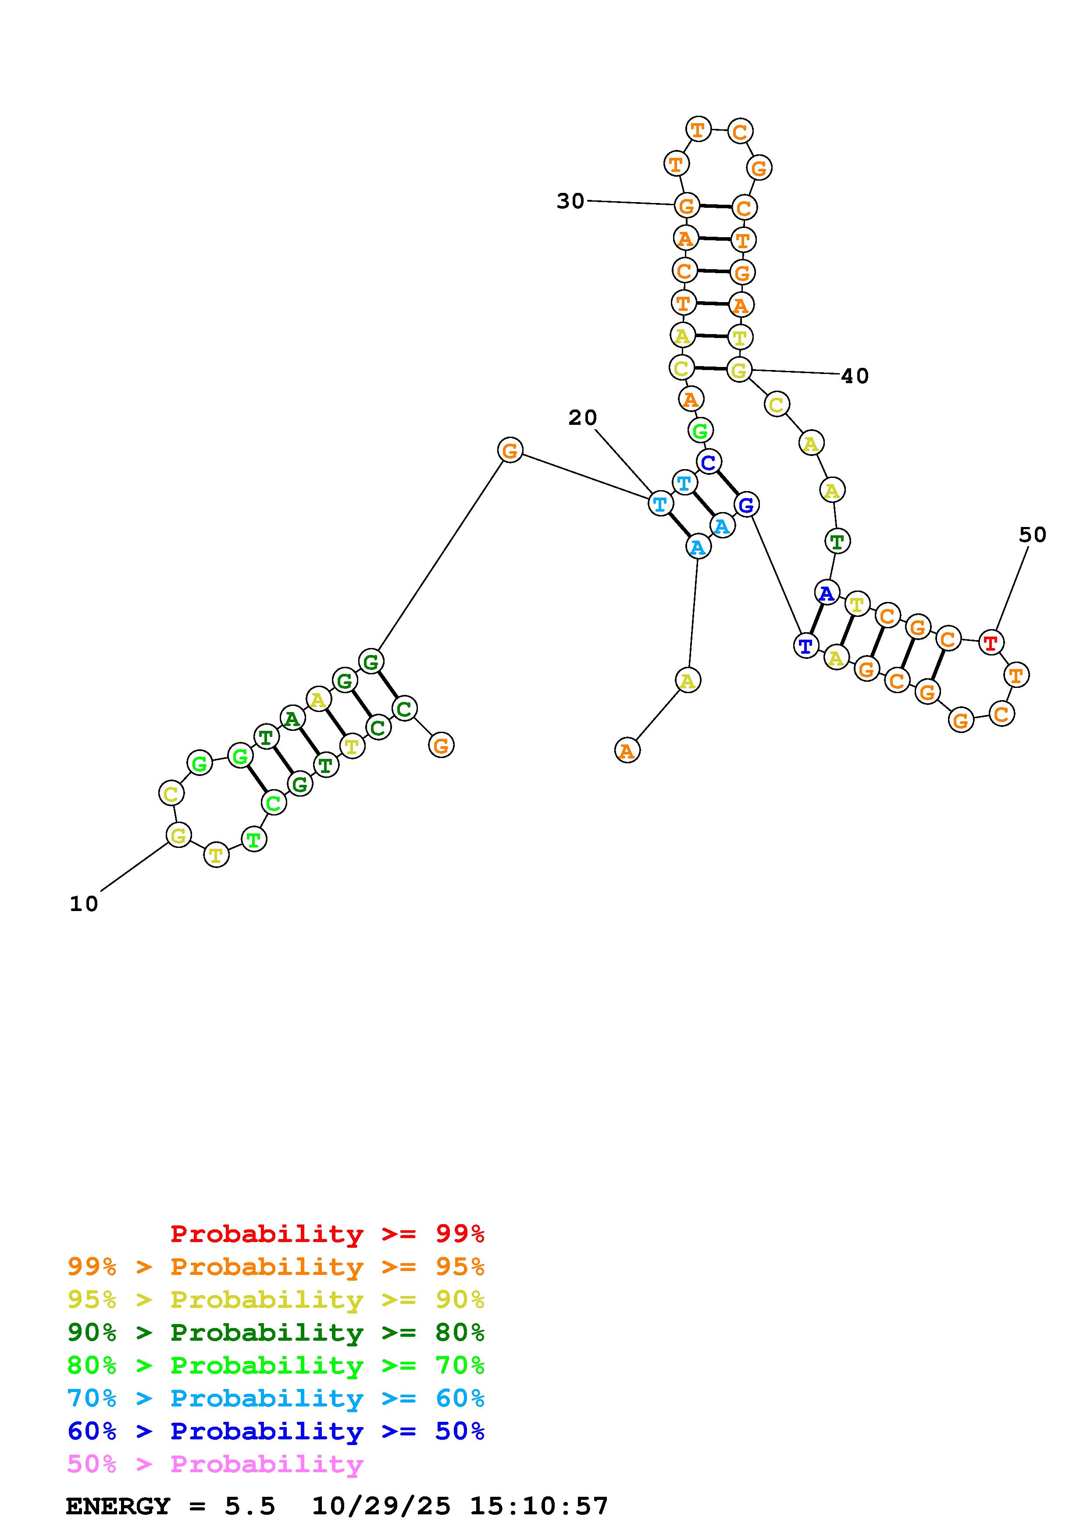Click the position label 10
click(x=84, y=904)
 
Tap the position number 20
click(x=582, y=418)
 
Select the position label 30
click(x=570, y=201)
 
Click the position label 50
click(x=1032, y=534)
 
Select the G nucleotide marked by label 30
click(x=687, y=206)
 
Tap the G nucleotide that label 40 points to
click(x=739, y=370)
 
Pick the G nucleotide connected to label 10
click(x=178, y=835)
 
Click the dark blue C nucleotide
click(x=709, y=462)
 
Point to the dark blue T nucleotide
click(x=805, y=646)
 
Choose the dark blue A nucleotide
click(x=827, y=593)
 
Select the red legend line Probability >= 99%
click(x=328, y=1234)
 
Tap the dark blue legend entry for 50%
click(x=276, y=1431)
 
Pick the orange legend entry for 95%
click(x=276, y=1267)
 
